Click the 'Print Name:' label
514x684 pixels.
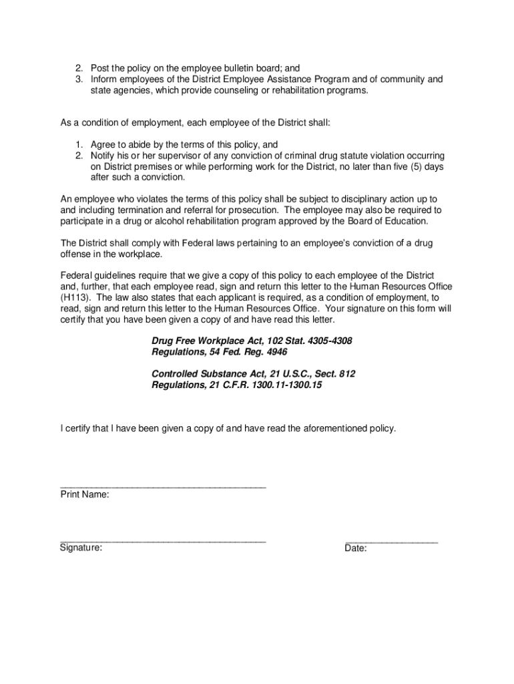(85, 495)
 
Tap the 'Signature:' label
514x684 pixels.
(81, 548)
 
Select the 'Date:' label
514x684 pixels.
(356, 549)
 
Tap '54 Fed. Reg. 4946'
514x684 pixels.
(245, 352)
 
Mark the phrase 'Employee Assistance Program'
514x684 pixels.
(288, 79)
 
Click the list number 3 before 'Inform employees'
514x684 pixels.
(78, 79)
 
